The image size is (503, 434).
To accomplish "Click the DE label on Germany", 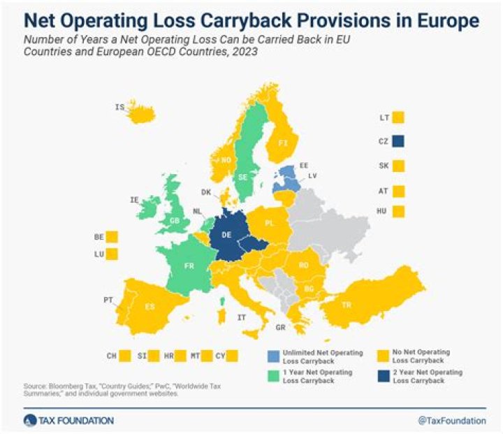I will click(x=228, y=236).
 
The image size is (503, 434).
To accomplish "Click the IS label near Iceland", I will click(x=119, y=107).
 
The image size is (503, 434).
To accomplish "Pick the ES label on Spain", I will click(x=149, y=306).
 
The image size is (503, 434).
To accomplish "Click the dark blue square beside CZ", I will click(x=399, y=141).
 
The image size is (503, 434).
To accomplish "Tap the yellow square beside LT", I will click(x=399, y=117).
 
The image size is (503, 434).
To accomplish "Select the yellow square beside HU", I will click(x=399, y=211).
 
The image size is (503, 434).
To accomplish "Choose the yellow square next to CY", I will click(x=233, y=356).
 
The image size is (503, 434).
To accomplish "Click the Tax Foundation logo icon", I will click(x=30, y=421).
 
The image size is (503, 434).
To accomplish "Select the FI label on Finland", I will click(x=283, y=143).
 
